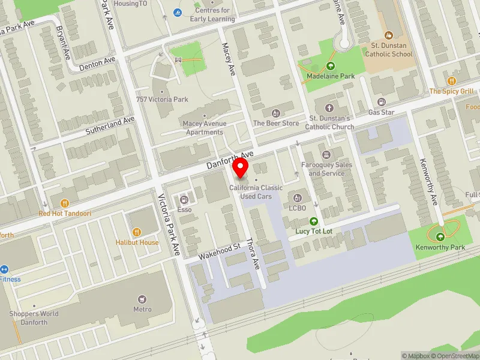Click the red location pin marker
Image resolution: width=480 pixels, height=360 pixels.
(x=241, y=168)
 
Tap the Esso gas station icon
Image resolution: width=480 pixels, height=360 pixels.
(x=184, y=199)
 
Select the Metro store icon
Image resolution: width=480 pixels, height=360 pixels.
(x=142, y=299)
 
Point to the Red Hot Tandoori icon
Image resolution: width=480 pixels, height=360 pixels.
(x=65, y=203)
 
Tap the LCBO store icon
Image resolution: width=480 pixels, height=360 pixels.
(x=297, y=198)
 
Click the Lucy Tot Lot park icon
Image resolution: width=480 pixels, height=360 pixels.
(x=313, y=221)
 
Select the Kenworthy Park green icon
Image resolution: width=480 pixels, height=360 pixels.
(x=440, y=236)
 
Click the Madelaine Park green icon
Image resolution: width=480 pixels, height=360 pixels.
(x=330, y=66)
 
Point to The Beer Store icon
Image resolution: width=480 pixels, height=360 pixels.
(x=276, y=113)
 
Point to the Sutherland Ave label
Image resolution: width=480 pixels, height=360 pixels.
(x=110, y=125)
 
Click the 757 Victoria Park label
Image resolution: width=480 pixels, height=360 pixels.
(x=162, y=100)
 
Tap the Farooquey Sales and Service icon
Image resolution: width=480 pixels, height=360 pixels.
(x=326, y=155)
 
